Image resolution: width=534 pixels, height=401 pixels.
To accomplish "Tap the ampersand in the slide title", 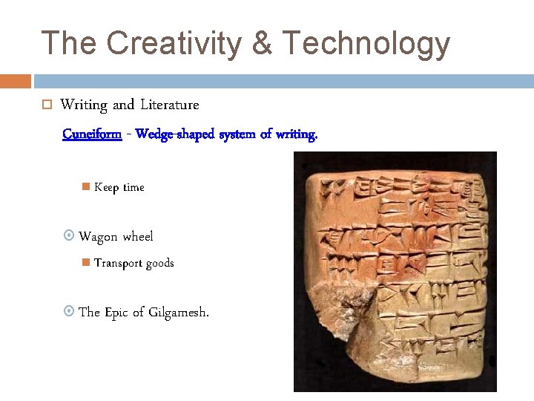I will pos(262,44).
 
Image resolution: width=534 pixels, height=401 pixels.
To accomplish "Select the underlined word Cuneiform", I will pos(92,134).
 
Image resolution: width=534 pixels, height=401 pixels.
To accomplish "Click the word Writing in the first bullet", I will pos(84,105).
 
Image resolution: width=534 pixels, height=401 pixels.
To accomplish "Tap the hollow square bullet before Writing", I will pos(45,106).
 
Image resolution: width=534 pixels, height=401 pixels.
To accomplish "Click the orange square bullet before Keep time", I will pos(85,187).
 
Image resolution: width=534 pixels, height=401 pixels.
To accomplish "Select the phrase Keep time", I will pos(119,188).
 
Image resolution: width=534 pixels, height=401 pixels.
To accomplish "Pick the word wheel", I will pos(138,237).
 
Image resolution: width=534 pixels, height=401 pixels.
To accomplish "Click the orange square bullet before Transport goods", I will pos(85,262).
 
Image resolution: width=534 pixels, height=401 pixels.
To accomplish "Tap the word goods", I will pos(159,263).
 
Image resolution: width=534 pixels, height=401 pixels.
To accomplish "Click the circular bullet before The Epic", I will pos(69,313).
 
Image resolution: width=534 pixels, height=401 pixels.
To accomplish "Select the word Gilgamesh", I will pos(179,313).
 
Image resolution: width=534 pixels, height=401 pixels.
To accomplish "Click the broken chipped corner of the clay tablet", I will pos(346,312).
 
